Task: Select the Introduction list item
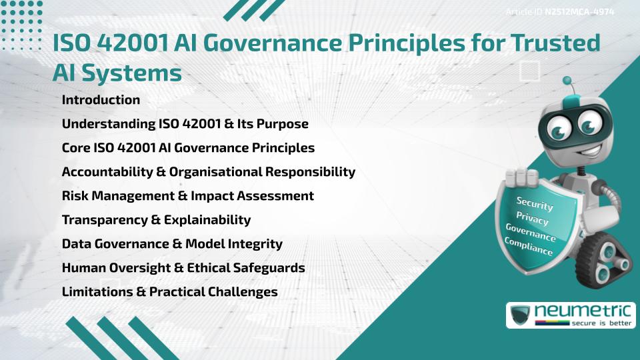coord(101,100)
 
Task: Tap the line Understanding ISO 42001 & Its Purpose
coord(185,124)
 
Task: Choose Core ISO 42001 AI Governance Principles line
coord(188,148)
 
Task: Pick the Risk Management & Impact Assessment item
coord(187,196)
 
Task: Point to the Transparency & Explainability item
coord(156,220)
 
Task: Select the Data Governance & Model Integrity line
coord(172,244)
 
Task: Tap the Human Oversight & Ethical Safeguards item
coord(183,268)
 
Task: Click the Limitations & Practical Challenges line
coord(169,292)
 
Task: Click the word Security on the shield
coord(535,203)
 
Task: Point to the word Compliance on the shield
coord(529,247)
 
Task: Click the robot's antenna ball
coord(568,81)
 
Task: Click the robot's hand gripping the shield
coord(523,177)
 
